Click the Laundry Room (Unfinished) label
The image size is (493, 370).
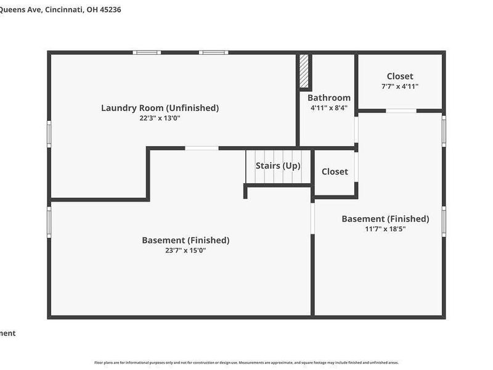(x=160, y=108)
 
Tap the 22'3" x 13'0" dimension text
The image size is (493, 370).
(x=160, y=118)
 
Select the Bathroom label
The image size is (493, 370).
(x=329, y=97)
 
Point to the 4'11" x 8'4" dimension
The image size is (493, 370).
(x=329, y=108)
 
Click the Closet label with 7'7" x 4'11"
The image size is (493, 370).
(x=400, y=76)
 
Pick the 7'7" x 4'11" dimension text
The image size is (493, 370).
(x=400, y=86)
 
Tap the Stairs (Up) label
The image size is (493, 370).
(x=278, y=166)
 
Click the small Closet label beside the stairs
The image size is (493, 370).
(x=335, y=171)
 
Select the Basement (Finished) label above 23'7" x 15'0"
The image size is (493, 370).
(x=185, y=240)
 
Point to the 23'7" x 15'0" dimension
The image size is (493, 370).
(x=185, y=250)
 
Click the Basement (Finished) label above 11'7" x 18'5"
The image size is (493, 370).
(x=385, y=218)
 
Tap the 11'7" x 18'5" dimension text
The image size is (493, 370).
(x=385, y=229)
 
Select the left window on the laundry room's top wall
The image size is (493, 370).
(x=147, y=52)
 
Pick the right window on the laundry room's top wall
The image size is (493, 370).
(x=213, y=52)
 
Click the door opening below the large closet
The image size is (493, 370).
(x=401, y=111)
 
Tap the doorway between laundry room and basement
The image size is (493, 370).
(x=202, y=148)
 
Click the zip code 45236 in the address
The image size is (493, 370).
(x=108, y=9)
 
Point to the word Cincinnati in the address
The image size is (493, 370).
(x=62, y=9)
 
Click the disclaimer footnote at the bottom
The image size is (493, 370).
(x=246, y=363)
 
